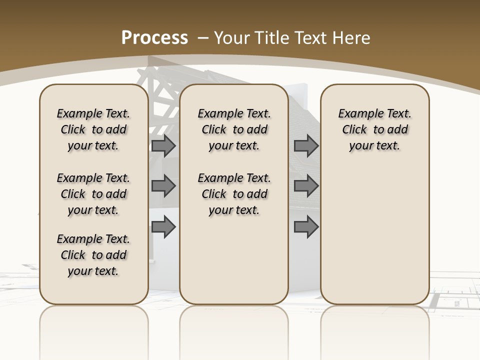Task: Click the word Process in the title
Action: [154, 38]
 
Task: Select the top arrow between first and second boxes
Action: [163, 145]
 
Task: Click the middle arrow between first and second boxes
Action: [163, 186]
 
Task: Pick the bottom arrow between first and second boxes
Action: [163, 227]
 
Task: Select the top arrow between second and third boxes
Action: [306, 145]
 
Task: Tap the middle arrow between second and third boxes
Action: [306, 186]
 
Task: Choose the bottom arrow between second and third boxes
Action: [306, 227]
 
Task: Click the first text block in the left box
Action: [93, 129]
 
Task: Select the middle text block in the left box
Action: [93, 194]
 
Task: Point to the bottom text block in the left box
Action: [93, 255]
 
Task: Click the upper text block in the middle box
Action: [234, 129]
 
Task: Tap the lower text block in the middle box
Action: [234, 194]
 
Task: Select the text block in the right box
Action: [374, 129]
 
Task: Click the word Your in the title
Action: [231, 38]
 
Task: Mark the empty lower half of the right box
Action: [374, 240]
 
